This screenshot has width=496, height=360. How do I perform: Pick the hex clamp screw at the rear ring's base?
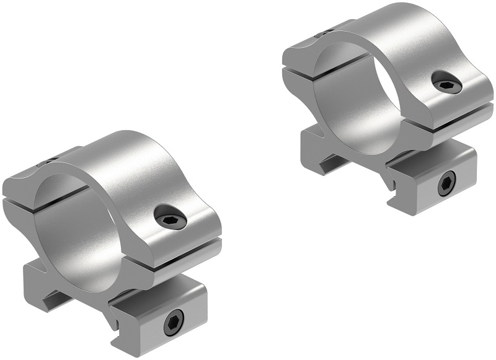(x=445, y=184)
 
